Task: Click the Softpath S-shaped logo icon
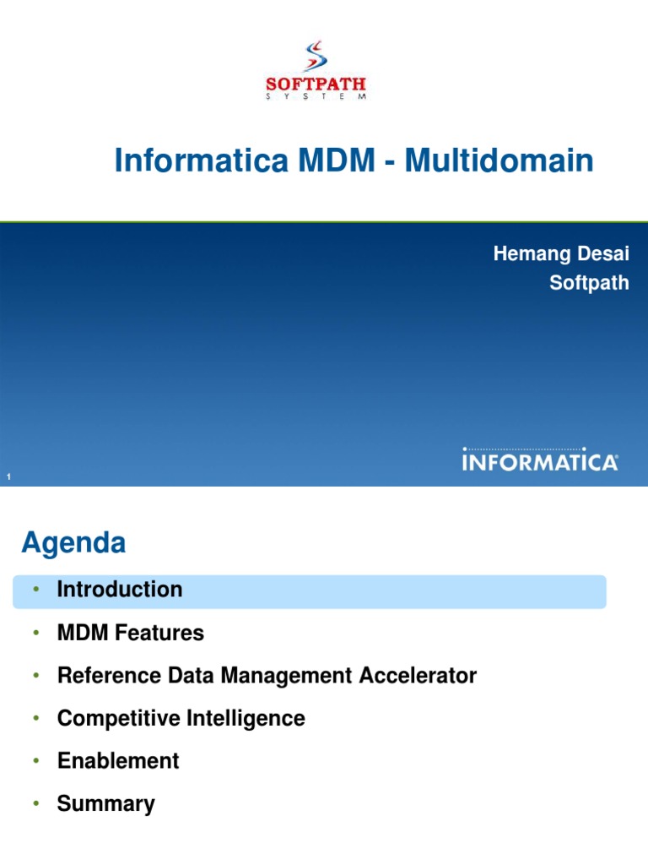315,55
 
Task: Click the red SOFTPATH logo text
316,84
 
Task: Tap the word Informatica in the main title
198,160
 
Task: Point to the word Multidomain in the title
499,160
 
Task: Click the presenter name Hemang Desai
561,254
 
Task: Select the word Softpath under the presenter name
589,283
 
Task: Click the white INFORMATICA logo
540,461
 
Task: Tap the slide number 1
8,479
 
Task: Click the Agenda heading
73,543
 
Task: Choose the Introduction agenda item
119,590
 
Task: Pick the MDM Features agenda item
130,633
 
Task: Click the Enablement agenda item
118,761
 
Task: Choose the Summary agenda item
105,804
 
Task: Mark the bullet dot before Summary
36,804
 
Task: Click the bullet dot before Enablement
36,761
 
